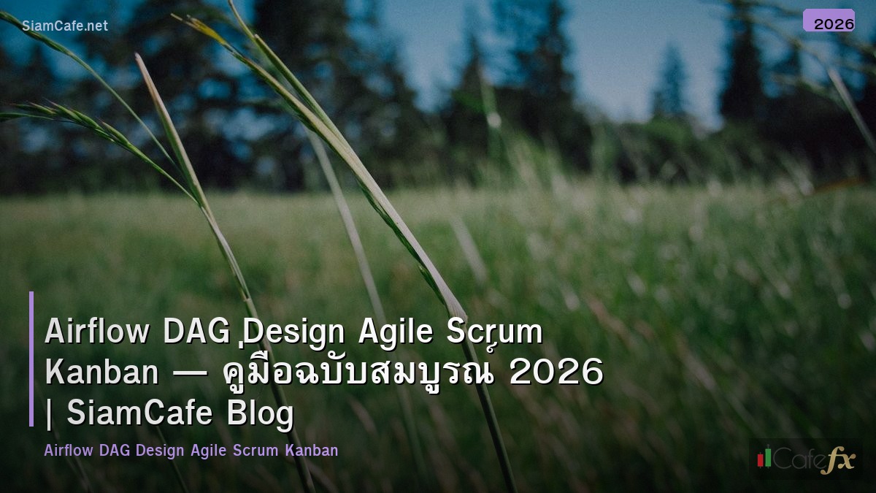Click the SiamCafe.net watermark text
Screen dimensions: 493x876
coord(65,26)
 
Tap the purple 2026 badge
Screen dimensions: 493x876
coord(829,20)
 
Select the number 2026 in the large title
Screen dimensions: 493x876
coord(556,372)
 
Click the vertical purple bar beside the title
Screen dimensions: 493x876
coord(31,359)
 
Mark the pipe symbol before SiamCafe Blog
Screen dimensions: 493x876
coord(50,413)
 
